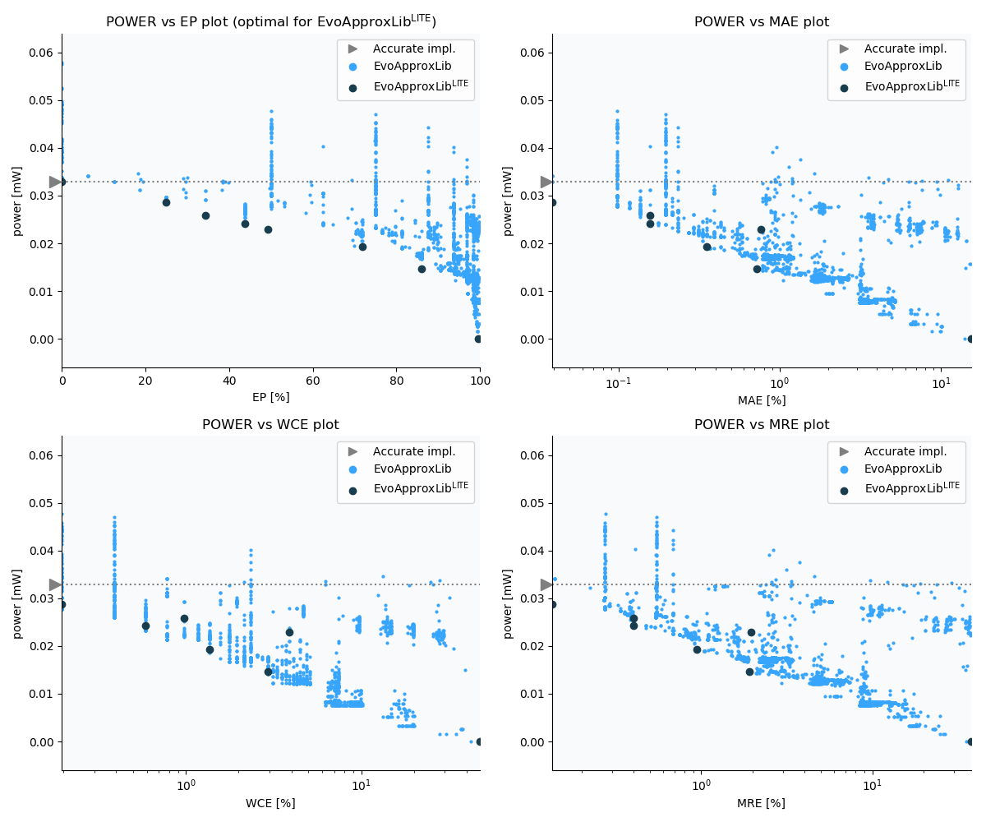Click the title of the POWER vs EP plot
(x=270, y=21)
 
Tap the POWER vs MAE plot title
(x=762, y=22)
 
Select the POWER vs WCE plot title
(x=270, y=425)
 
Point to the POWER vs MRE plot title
(x=762, y=425)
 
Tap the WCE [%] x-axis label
(x=270, y=803)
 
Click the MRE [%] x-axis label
(x=762, y=803)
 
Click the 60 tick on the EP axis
(x=313, y=381)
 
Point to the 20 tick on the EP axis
(x=145, y=381)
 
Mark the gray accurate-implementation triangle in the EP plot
(x=55, y=182)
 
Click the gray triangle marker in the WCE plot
(x=55, y=584)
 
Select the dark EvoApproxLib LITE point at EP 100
(x=478, y=339)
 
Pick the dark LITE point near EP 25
(x=166, y=202)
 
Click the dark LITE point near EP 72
(x=362, y=247)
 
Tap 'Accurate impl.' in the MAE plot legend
(x=905, y=48)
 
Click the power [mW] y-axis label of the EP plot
(x=17, y=201)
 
